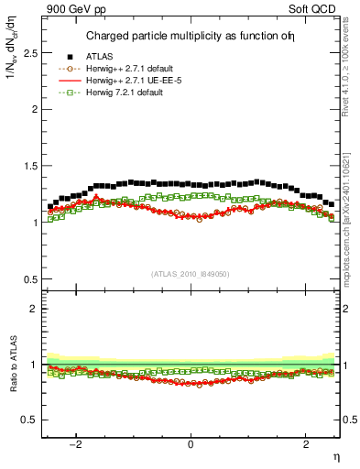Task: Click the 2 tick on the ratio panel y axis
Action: [x=37, y=310]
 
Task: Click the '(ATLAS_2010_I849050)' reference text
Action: [x=191, y=273]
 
